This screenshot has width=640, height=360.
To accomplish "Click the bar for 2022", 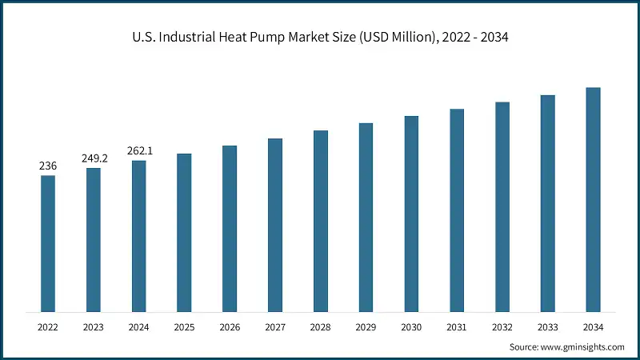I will coord(48,243).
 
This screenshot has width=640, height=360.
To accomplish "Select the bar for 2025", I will coord(184,232).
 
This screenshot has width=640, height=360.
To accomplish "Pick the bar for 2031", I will coord(457,210).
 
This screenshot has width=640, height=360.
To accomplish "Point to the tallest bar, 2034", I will coord(593,199).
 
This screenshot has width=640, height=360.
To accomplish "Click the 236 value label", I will coord(48,166).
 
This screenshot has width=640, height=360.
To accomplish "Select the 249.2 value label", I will coord(94,158).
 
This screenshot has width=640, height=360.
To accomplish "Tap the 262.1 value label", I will coord(139,151).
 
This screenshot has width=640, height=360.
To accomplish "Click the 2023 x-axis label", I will coord(94,326).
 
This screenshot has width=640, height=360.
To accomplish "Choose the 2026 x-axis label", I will coord(230,326).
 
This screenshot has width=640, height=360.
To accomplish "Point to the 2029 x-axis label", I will coord(366,326).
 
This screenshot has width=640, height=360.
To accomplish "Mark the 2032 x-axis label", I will coord(502,326).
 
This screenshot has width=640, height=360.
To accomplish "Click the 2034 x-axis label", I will coord(593,326).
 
